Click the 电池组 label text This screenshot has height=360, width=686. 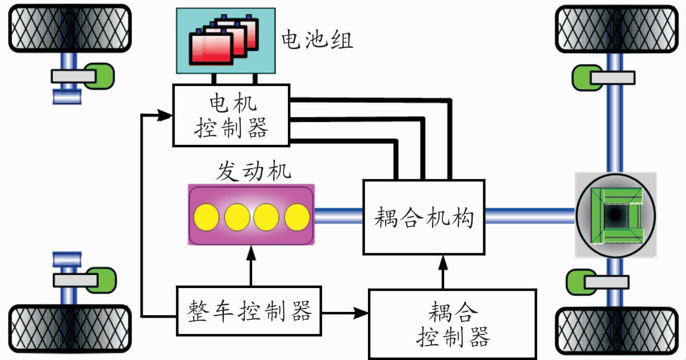317,40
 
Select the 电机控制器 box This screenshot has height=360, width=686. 231,115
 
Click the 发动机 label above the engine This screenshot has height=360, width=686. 253,171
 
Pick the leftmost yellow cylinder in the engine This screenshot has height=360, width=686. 206,217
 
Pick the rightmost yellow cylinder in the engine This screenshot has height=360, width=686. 297,217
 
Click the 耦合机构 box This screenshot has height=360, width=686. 424,217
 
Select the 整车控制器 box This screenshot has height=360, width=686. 249,311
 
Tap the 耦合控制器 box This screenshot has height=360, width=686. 452,324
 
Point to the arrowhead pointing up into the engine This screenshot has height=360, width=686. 251,253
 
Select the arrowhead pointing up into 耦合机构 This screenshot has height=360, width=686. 443,262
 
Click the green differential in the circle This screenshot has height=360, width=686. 616,216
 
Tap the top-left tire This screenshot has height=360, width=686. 70,29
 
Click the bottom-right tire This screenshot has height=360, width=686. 617,331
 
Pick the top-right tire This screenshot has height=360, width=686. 617,29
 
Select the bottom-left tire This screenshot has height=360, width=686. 70,328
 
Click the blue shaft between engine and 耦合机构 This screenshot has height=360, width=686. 338,216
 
